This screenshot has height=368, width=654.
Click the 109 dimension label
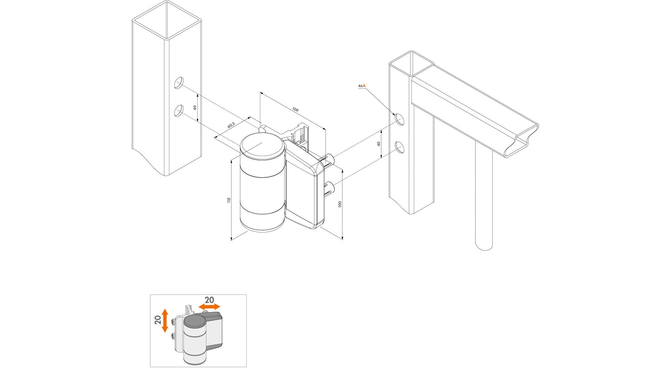(296, 110)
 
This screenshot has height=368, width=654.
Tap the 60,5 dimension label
(231, 125)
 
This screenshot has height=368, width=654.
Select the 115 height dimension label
(229, 200)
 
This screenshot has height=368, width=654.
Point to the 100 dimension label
(339, 204)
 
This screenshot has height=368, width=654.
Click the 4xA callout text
(362, 86)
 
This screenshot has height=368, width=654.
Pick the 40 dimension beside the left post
(195, 108)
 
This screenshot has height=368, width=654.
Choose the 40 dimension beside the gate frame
(379, 144)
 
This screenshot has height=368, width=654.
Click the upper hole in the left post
(178, 83)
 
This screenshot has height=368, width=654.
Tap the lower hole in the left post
(178, 111)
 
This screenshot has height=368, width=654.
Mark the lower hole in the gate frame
(400, 147)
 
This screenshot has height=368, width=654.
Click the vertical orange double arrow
(165, 321)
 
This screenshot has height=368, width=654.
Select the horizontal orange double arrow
(209, 307)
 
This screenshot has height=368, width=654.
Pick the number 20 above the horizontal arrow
(209, 300)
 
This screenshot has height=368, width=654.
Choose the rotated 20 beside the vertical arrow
(158, 319)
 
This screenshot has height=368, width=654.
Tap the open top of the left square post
(167, 20)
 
